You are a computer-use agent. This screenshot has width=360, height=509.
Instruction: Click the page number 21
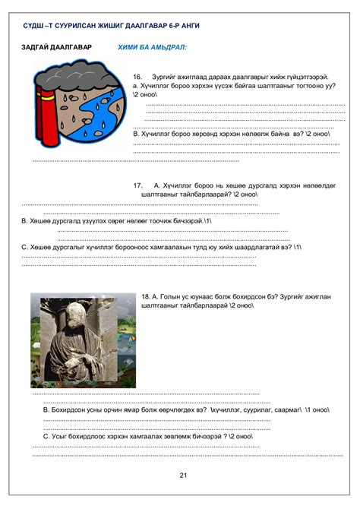click(x=183, y=476)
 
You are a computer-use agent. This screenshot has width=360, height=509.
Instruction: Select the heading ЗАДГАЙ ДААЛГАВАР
click(x=57, y=47)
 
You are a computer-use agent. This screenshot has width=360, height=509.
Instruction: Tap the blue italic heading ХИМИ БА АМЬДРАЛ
click(x=152, y=47)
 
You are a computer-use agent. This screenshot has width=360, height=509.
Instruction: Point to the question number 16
click(x=137, y=77)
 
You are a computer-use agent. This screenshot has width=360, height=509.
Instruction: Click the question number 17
click(x=137, y=185)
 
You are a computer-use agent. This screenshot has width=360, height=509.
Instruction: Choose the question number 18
click(x=145, y=296)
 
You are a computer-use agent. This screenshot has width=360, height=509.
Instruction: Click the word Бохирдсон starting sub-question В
click(x=72, y=409)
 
